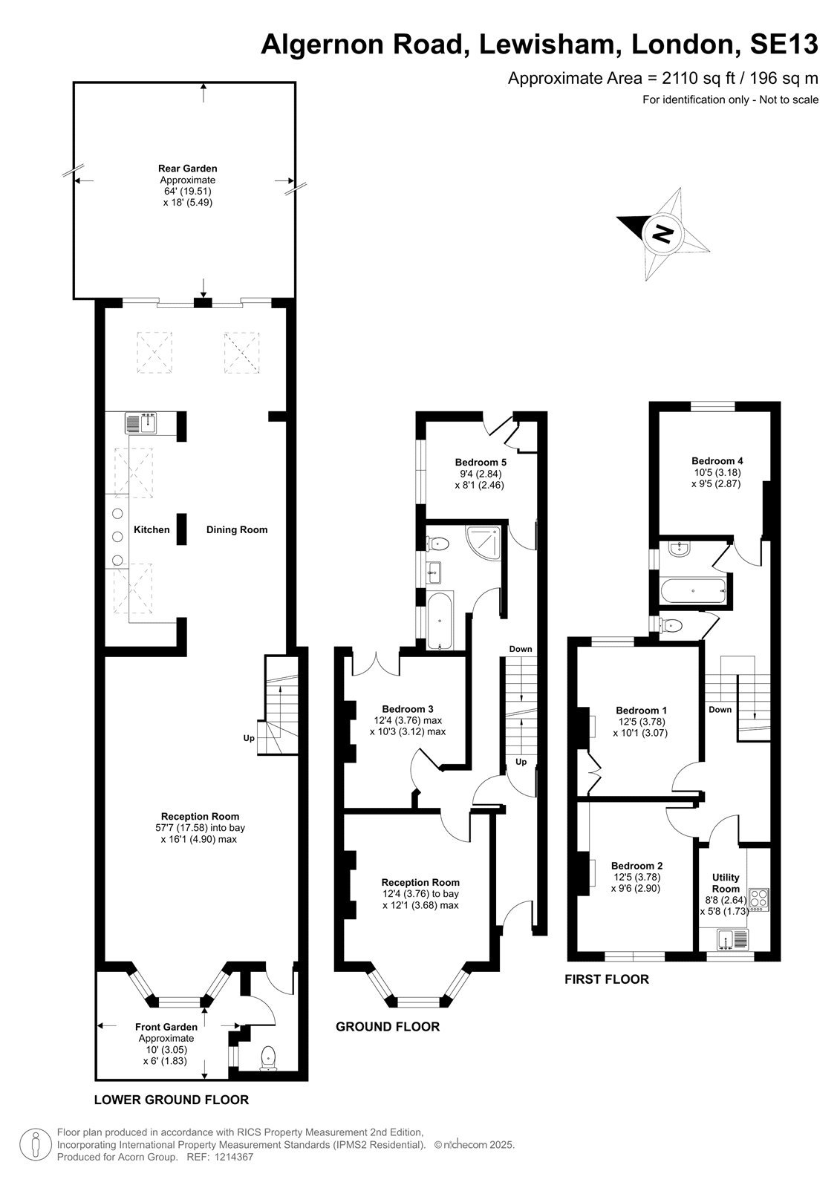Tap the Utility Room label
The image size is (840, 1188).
pyautogui.click(x=726, y=883)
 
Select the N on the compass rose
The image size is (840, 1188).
pyautogui.click(x=662, y=233)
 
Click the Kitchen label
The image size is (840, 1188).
pyautogui.click(x=152, y=529)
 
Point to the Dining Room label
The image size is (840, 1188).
pyautogui.click(x=237, y=529)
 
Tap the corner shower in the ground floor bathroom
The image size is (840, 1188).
pyautogui.click(x=484, y=541)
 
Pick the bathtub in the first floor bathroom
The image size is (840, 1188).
pyautogui.click(x=693, y=590)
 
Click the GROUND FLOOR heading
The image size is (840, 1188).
pyautogui.click(x=388, y=1027)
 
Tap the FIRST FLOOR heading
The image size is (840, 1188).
pyautogui.click(x=607, y=979)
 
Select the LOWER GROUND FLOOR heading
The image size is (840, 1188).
pyautogui.click(x=172, y=1100)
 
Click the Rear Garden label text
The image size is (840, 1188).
pyautogui.click(x=188, y=169)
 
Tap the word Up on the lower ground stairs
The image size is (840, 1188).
pyautogui.click(x=249, y=738)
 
